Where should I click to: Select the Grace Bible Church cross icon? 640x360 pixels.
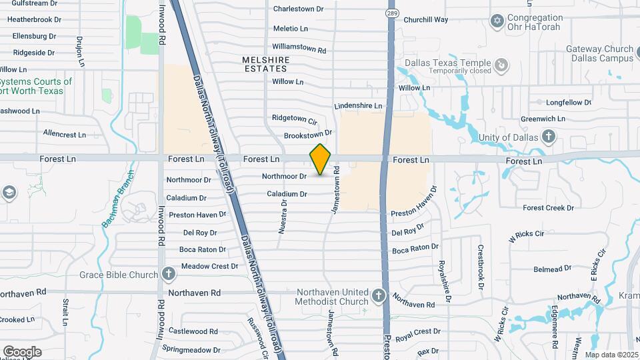click(x=169, y=274)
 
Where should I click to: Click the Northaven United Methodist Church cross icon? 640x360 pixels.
click(x=379, y=295)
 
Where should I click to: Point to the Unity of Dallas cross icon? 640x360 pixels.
click(x=548, y=137)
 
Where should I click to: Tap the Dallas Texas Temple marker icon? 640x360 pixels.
click(x=500, y=64)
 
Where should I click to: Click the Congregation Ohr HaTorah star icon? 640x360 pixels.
click(x=495, y=22)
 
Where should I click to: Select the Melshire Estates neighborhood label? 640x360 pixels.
click(x=266, y=64)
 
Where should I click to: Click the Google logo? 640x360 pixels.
click(x=22, y=351)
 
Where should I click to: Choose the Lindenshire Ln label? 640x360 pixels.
click(x=358, y=106)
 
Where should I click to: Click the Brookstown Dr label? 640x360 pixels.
click(x=307, y=135)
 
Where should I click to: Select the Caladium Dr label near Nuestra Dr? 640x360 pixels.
click(x=287, y=194)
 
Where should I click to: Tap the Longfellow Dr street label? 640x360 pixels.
click(x=569, y=103)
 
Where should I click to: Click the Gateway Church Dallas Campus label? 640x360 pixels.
click(x=599, y=53)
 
